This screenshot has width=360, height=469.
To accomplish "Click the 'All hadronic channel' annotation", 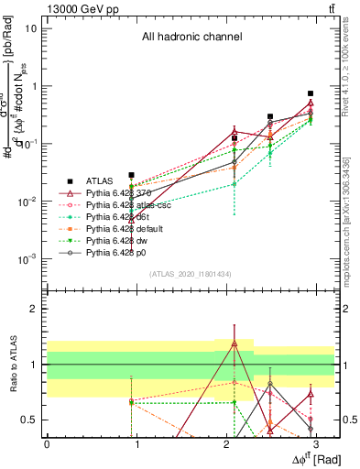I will pos(191,38).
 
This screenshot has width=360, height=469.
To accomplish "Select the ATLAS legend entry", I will pos(100,181).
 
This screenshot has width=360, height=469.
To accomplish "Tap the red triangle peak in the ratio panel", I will pos(235,344).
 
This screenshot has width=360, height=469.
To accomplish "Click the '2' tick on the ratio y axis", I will pos(34,309).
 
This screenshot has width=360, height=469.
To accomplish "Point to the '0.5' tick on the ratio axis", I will pos(29,420).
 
